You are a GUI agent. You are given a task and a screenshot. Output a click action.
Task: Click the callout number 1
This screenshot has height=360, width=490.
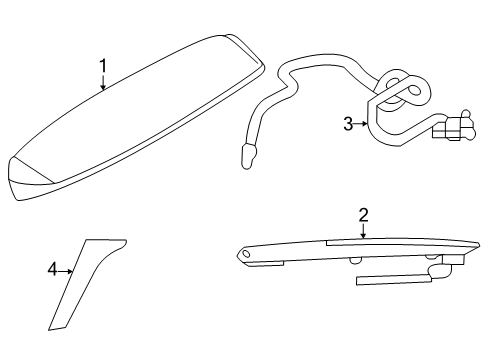click(103, 66)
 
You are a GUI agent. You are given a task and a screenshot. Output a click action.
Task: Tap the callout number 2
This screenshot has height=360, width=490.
click(363, 215)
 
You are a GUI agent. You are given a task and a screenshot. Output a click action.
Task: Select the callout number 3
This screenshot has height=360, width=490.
click(348, 124)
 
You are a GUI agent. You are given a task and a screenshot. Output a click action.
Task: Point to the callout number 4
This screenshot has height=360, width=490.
click(52, 269)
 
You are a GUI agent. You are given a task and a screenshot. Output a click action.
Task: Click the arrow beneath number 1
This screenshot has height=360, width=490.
click(103, 82)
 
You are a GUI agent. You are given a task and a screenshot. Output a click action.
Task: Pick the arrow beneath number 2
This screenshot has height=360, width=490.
click(363, 231)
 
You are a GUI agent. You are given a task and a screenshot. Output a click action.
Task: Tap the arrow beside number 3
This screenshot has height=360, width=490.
click(360, 124)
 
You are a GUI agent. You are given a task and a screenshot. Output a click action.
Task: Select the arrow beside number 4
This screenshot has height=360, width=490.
click(66, 272)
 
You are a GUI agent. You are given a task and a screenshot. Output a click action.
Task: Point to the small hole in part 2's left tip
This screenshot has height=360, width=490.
click(246, 254)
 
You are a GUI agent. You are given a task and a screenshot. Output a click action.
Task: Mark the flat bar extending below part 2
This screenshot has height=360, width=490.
click(393, 280)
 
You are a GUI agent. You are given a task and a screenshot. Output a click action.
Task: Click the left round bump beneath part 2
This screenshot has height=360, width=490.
click(355, 260)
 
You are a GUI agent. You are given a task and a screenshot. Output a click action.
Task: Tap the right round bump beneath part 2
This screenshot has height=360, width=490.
click(432, 256)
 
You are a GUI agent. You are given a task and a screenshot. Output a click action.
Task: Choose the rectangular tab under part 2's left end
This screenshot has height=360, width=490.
click(266, 264)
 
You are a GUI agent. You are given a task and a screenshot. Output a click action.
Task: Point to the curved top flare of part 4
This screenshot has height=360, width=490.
click(113, 247)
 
